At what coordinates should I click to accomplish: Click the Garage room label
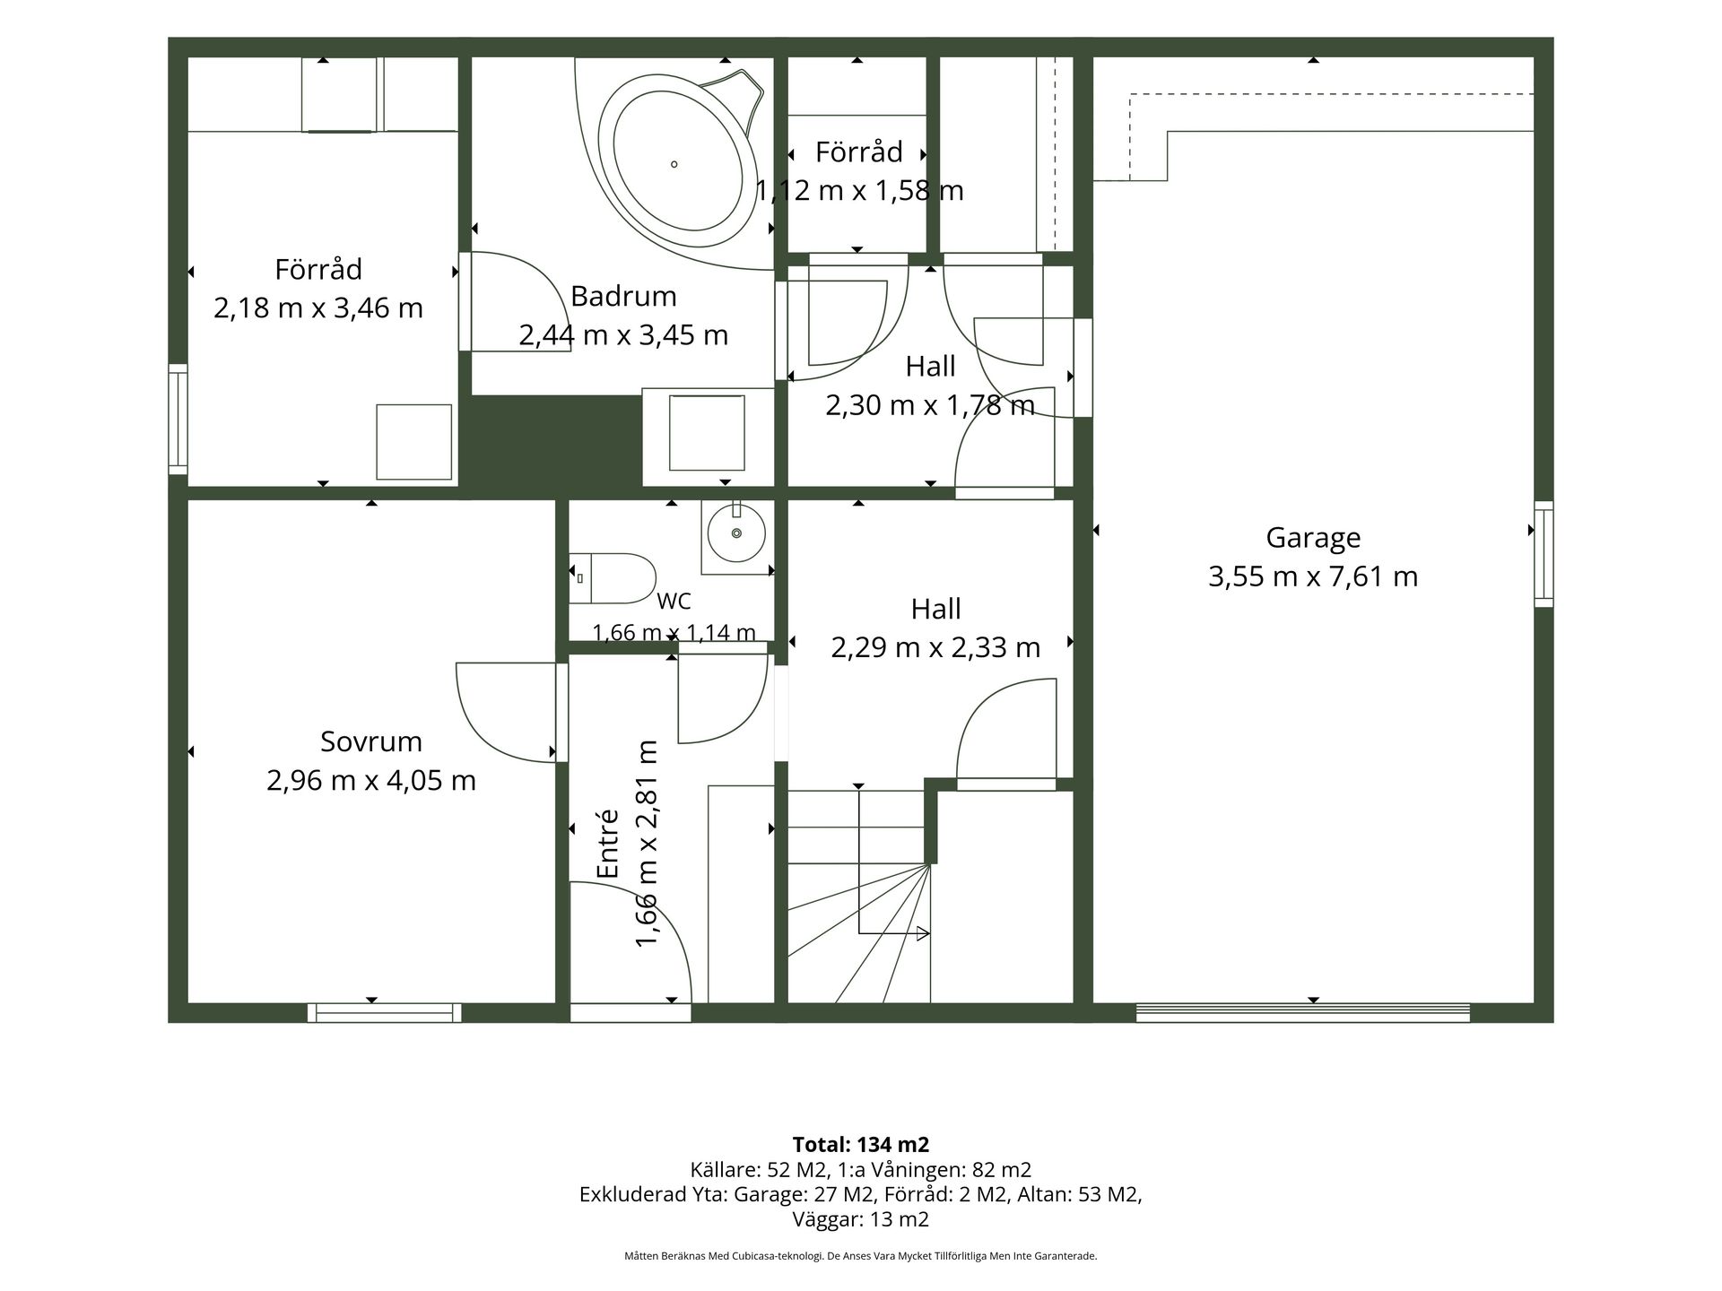pyautogui.click(x=1313, y=538)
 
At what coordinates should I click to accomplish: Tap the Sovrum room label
pyautogui.click(x=371, y=741)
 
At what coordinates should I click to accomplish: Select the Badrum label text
pyautogui.click(x=623, y=296)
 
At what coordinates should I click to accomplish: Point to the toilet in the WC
pyautogui.click(x=613, y=578)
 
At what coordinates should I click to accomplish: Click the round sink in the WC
pyautogui.click(x=736, y=533)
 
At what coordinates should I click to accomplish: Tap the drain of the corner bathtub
pyautogui.click(x=674, y=164)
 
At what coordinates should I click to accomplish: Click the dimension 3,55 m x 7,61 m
pyautogui.click(x=1313, y=576)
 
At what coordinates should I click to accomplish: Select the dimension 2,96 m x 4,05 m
pyautogui.click(x=371, y=780)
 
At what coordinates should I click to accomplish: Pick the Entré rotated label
pyautogui.click(x=609, y=844)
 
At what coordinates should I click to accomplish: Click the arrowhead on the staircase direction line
pyautogui.click(x=924, y=934)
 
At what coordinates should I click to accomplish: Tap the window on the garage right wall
pyautogui.click(x=1544, y=553)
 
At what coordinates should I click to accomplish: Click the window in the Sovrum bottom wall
pyautogui.click(x=385, y=1013)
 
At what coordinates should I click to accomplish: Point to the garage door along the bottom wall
pyautogui.click(x=1303, y=1013)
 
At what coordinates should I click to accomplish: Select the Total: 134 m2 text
pyautogui.click(x=861, y=1145)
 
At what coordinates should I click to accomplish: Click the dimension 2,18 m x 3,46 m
pyautogui.click(x=318, y=308)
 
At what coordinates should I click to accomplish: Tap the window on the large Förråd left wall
pyautogui.click(x=178, y=419)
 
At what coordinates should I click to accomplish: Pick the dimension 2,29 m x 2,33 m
pyautogui.click(x=935, y=647)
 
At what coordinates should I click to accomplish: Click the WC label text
pyautogui.click(x=674, y=601)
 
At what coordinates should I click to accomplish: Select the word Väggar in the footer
pyautogui.click(x=823, y=1219)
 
